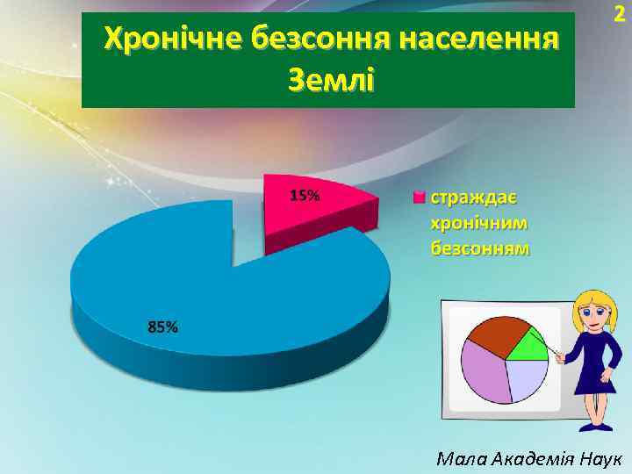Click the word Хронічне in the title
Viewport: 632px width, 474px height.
[172, 40]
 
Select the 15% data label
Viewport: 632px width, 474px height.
[304, 196]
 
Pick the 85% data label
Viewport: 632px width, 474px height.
[162, 327]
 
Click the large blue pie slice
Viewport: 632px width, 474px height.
[219, 281]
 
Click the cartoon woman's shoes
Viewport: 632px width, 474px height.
[599, 426]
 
